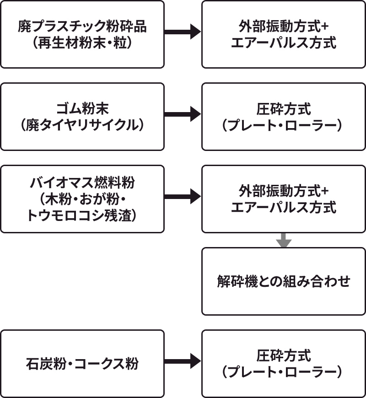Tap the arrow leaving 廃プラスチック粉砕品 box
183,32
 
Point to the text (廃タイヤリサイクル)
82,125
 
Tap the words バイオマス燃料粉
82,183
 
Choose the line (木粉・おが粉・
82,199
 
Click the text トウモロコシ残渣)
82,215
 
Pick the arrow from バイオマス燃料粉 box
183,197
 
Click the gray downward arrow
284,240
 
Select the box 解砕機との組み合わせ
284,281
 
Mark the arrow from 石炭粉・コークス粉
183,361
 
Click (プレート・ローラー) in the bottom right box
284,371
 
